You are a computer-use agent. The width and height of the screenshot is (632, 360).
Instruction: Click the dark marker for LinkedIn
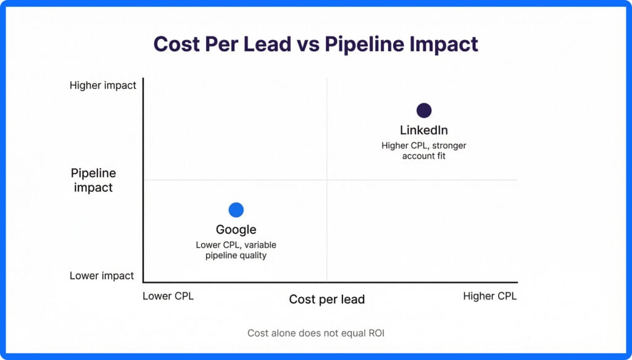[424, 111]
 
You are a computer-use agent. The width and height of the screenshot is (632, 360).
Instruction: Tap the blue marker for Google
[236, 210]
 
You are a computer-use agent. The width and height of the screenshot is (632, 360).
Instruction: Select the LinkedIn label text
[424, 130]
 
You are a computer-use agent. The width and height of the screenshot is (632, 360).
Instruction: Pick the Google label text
[236, 230]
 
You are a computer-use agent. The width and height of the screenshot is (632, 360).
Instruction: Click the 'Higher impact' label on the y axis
[103, 86]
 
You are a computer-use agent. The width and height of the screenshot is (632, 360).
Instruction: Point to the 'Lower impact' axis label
[102, 275]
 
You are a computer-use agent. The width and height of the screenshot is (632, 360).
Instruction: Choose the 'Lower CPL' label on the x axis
[168, 296]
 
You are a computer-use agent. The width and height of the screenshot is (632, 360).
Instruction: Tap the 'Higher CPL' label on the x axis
[490, 296]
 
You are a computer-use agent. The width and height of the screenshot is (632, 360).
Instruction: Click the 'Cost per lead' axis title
[327, 299]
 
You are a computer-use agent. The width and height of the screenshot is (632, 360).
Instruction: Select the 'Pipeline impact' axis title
[93, 180]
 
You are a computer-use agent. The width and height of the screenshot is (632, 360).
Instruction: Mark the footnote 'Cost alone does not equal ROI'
[316, 333]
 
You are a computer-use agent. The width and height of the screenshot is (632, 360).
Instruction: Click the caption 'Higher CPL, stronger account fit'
[424, 151]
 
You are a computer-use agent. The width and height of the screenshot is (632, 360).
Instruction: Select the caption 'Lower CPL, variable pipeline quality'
[236, 250]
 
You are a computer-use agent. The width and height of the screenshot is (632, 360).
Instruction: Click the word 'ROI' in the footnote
[375, 333]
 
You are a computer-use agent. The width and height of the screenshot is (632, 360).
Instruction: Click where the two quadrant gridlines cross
[326, 180]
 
